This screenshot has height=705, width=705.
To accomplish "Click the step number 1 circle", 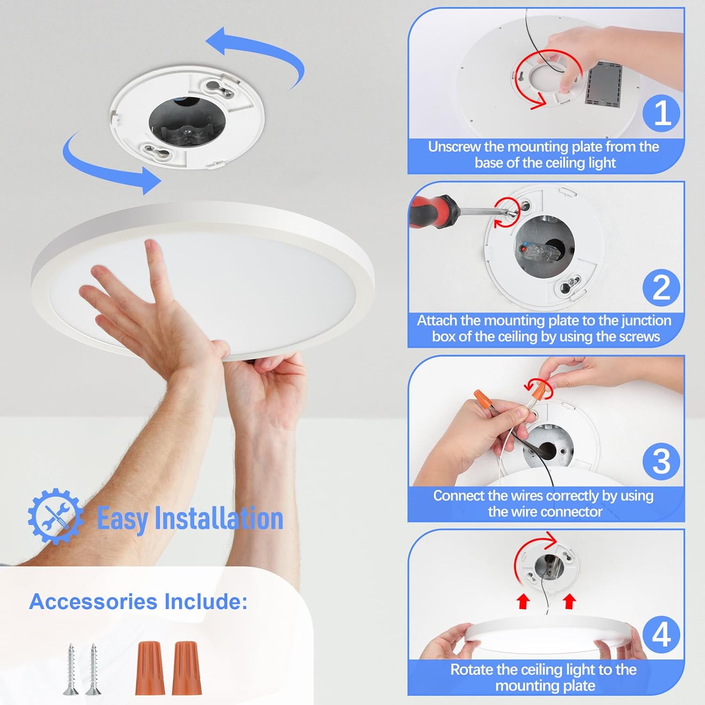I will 662,113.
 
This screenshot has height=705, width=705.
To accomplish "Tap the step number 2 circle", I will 661,287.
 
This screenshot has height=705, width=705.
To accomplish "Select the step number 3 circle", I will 661,461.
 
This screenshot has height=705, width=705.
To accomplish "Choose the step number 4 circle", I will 661,635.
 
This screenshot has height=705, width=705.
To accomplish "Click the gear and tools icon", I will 55,516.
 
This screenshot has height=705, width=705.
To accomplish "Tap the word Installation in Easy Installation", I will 219,518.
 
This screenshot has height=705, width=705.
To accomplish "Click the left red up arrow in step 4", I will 523,601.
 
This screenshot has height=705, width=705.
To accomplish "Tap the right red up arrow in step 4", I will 569,601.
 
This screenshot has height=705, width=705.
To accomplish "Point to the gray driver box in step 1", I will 604,83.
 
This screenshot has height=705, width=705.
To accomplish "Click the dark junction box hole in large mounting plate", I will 187,121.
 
